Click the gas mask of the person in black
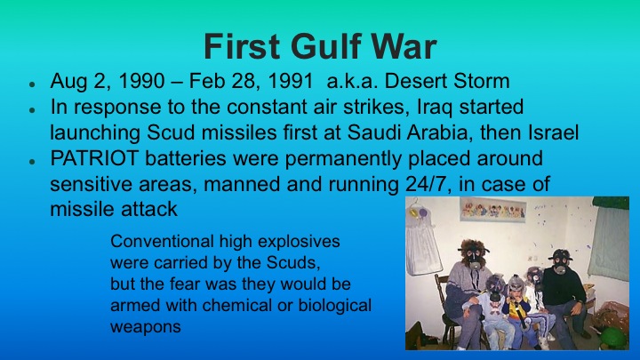point(560,260)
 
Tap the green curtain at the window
point(611,240)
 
